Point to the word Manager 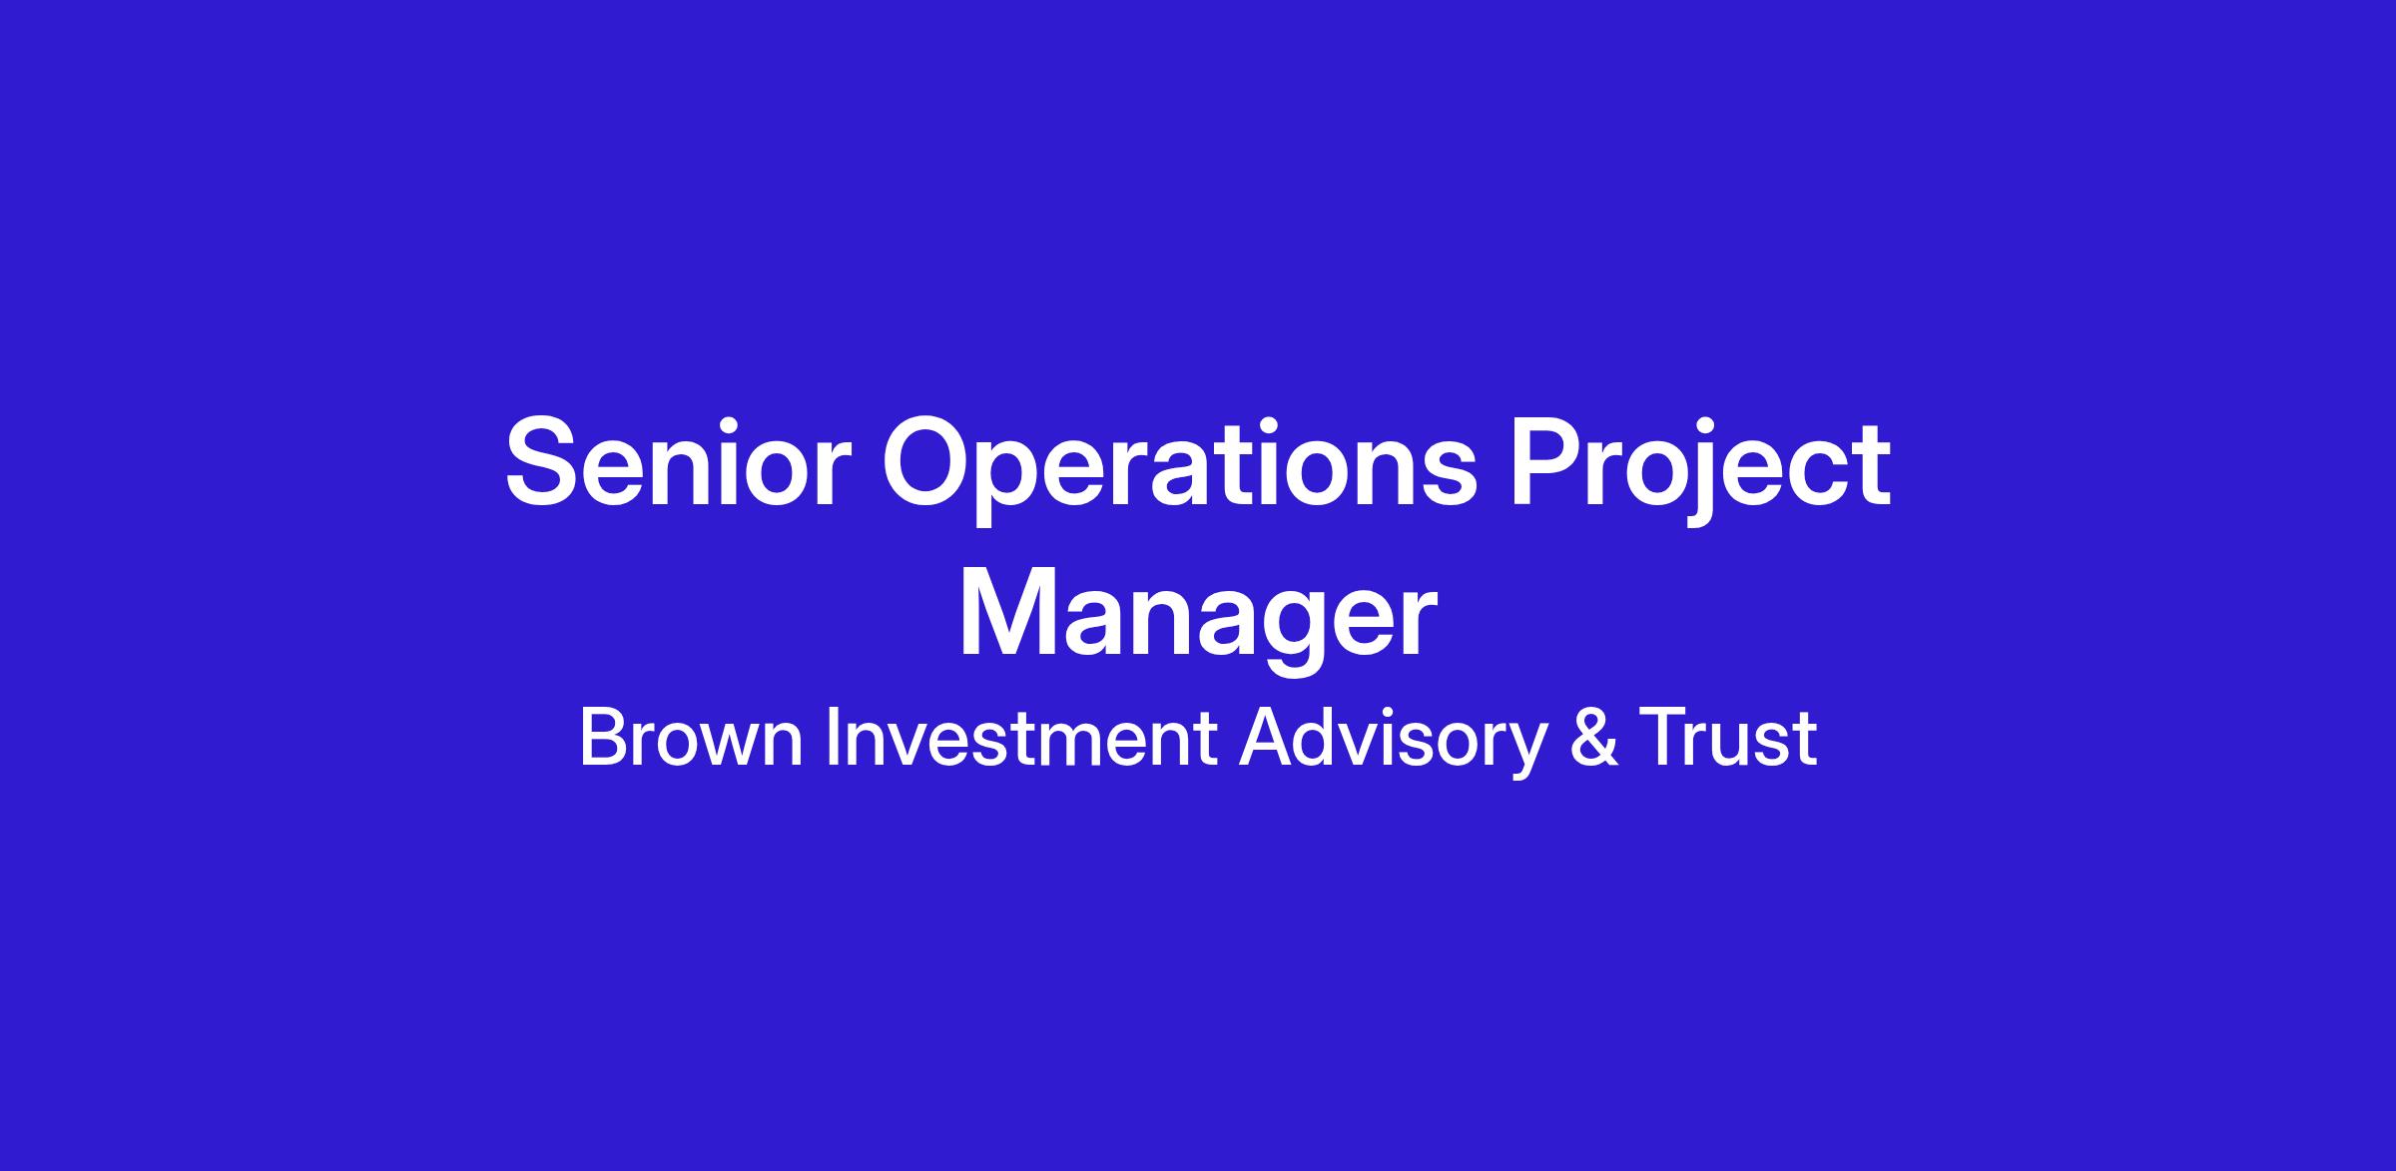click(x=1198, y=621)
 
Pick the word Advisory click(x=1393, y=744)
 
